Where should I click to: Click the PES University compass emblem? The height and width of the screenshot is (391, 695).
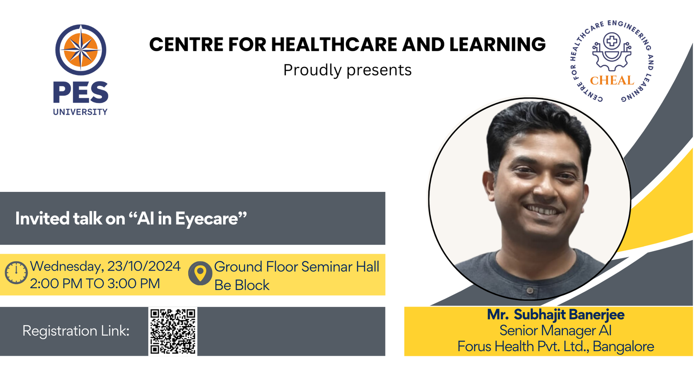tap(81, 50)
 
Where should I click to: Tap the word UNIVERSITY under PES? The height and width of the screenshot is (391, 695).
tap(81, 112)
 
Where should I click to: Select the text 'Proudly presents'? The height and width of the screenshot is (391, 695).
tap(347, 70)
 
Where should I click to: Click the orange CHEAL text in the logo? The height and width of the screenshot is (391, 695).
tap(612, 81)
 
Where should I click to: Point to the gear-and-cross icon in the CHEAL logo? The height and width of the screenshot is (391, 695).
tap(612, 52)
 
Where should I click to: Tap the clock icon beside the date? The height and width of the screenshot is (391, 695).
tap(16, 273)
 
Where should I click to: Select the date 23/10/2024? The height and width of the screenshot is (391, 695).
tap(144, 266)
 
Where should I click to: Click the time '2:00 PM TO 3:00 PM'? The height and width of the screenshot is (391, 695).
tap(95, 284)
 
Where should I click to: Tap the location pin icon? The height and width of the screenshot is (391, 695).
tap(200, 273)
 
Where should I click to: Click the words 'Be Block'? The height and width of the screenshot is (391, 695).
tap(242, 285)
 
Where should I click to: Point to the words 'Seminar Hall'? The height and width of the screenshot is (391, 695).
tap(340, 267)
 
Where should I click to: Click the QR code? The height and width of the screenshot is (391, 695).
tap(173, 331)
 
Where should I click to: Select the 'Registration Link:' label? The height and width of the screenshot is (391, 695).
tap(76, 331)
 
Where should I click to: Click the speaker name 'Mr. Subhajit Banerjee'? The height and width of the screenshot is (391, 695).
tap(556, 315)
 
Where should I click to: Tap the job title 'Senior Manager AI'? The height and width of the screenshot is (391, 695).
tap(555, 330)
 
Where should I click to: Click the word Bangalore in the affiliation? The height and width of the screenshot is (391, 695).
tap(624, 347)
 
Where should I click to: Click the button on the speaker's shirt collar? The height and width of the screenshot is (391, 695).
tap(530, 291)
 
